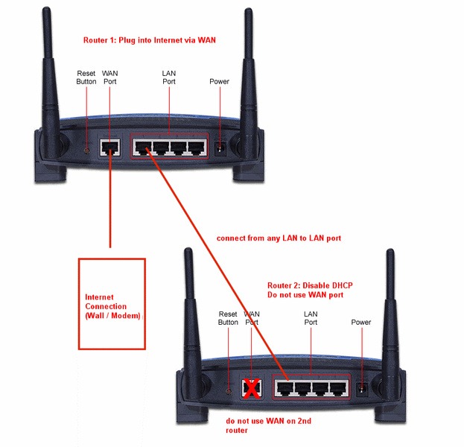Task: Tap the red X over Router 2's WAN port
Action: coord(252,389)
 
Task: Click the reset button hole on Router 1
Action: coord(87,149)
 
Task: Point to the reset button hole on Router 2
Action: coord(229,389)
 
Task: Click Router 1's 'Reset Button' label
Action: coord(86,77)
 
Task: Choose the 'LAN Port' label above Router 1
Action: coord(169,77)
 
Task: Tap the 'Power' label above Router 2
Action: coord(360,323)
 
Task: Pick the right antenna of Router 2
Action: coord(389,313)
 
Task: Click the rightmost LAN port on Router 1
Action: coord(196,147)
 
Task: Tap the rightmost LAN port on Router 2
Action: coord(339,388)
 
